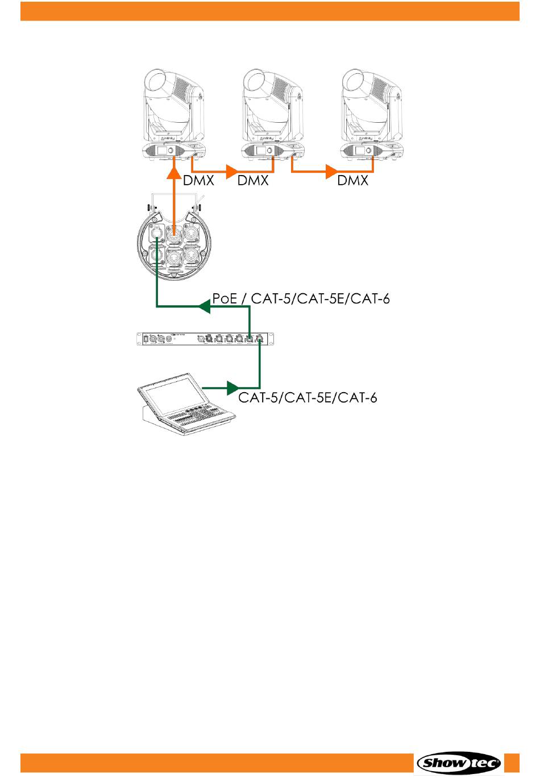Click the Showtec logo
coord(459,763)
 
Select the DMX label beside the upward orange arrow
coord(198,180)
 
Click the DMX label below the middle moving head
coord(252,180)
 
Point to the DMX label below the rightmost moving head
coord(352,180)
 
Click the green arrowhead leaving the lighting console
coord(232,388)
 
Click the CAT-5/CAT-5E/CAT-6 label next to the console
coord(308,397)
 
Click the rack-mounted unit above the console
coord(205,339)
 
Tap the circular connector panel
coord(173,244)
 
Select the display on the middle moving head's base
coord(262,151)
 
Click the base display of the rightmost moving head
coord(361,151)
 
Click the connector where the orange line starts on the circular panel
coord(173,232)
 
